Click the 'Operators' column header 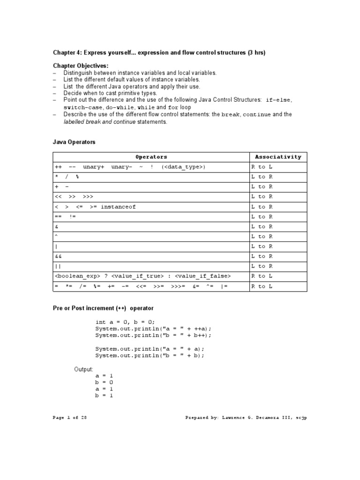(x=151, y=157)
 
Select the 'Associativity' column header (x=278, y=157)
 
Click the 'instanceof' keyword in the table (x=118, y=207)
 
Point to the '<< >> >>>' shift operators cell (x=74, y=197)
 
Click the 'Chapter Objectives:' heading (x=80, y=66)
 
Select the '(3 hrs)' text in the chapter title (x=256, y=52)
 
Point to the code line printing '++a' (x=150, y=329)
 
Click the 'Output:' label (x=84, y=369)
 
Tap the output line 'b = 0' (x=104, y=382)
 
